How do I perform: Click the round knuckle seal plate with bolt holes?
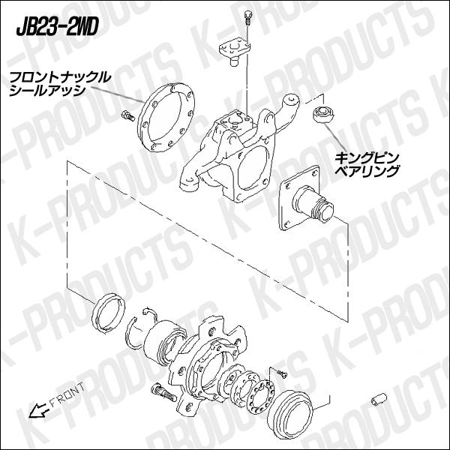(x=166, y=120)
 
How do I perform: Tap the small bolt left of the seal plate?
(x=127, y=116)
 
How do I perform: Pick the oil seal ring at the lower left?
(x=106, y=312)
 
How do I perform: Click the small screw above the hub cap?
(x=279, y=372)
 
